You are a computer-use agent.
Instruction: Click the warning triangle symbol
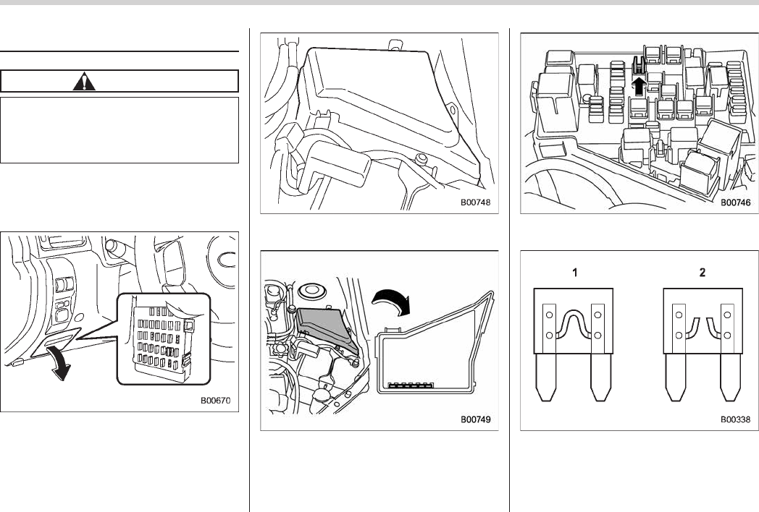[85, 80]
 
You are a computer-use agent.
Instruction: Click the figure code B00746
[735, 203]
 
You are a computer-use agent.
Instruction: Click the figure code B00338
[735, 419]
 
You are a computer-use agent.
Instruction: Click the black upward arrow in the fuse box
[637, 86]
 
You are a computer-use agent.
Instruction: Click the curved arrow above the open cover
[392, 299]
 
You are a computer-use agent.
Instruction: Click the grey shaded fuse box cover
[324, 325]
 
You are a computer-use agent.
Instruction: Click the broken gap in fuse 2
[700, 323]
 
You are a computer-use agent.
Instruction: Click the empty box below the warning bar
[119, 130]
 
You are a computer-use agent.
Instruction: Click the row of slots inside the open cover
[416, 385]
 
